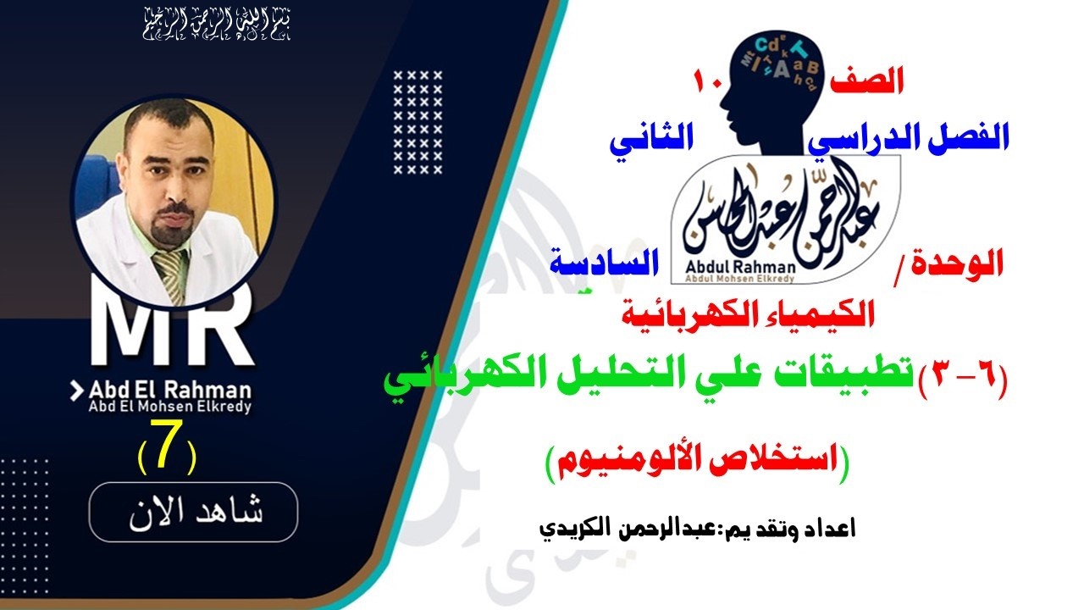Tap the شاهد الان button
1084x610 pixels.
click(193, 513)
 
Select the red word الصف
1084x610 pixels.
click(869, 82)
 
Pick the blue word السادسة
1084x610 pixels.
click(603, 264)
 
